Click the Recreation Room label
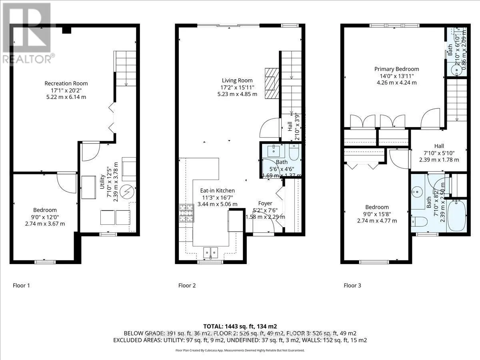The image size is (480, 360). pyautogui.click(x=66, y=83)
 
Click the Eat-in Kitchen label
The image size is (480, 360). pyautogui.click(x=218, y=190)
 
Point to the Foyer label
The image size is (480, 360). pyautogui.click(x=265, y=203)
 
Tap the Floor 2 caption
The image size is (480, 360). pyautogui.click(x=187, y=286)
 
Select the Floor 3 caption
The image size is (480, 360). pyautogui.click(x=352, y=286)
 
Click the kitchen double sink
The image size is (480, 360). pyautogui.click(x=210, y=252)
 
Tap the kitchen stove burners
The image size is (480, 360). pyautogui.click(x=186, y=213)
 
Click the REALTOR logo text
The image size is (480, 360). pyautogui.click(x=28, y=59)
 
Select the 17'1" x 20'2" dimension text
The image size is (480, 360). pyautogui.click(x=66, y=90)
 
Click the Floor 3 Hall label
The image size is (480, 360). pyautogui.click(x=439, y=146)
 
